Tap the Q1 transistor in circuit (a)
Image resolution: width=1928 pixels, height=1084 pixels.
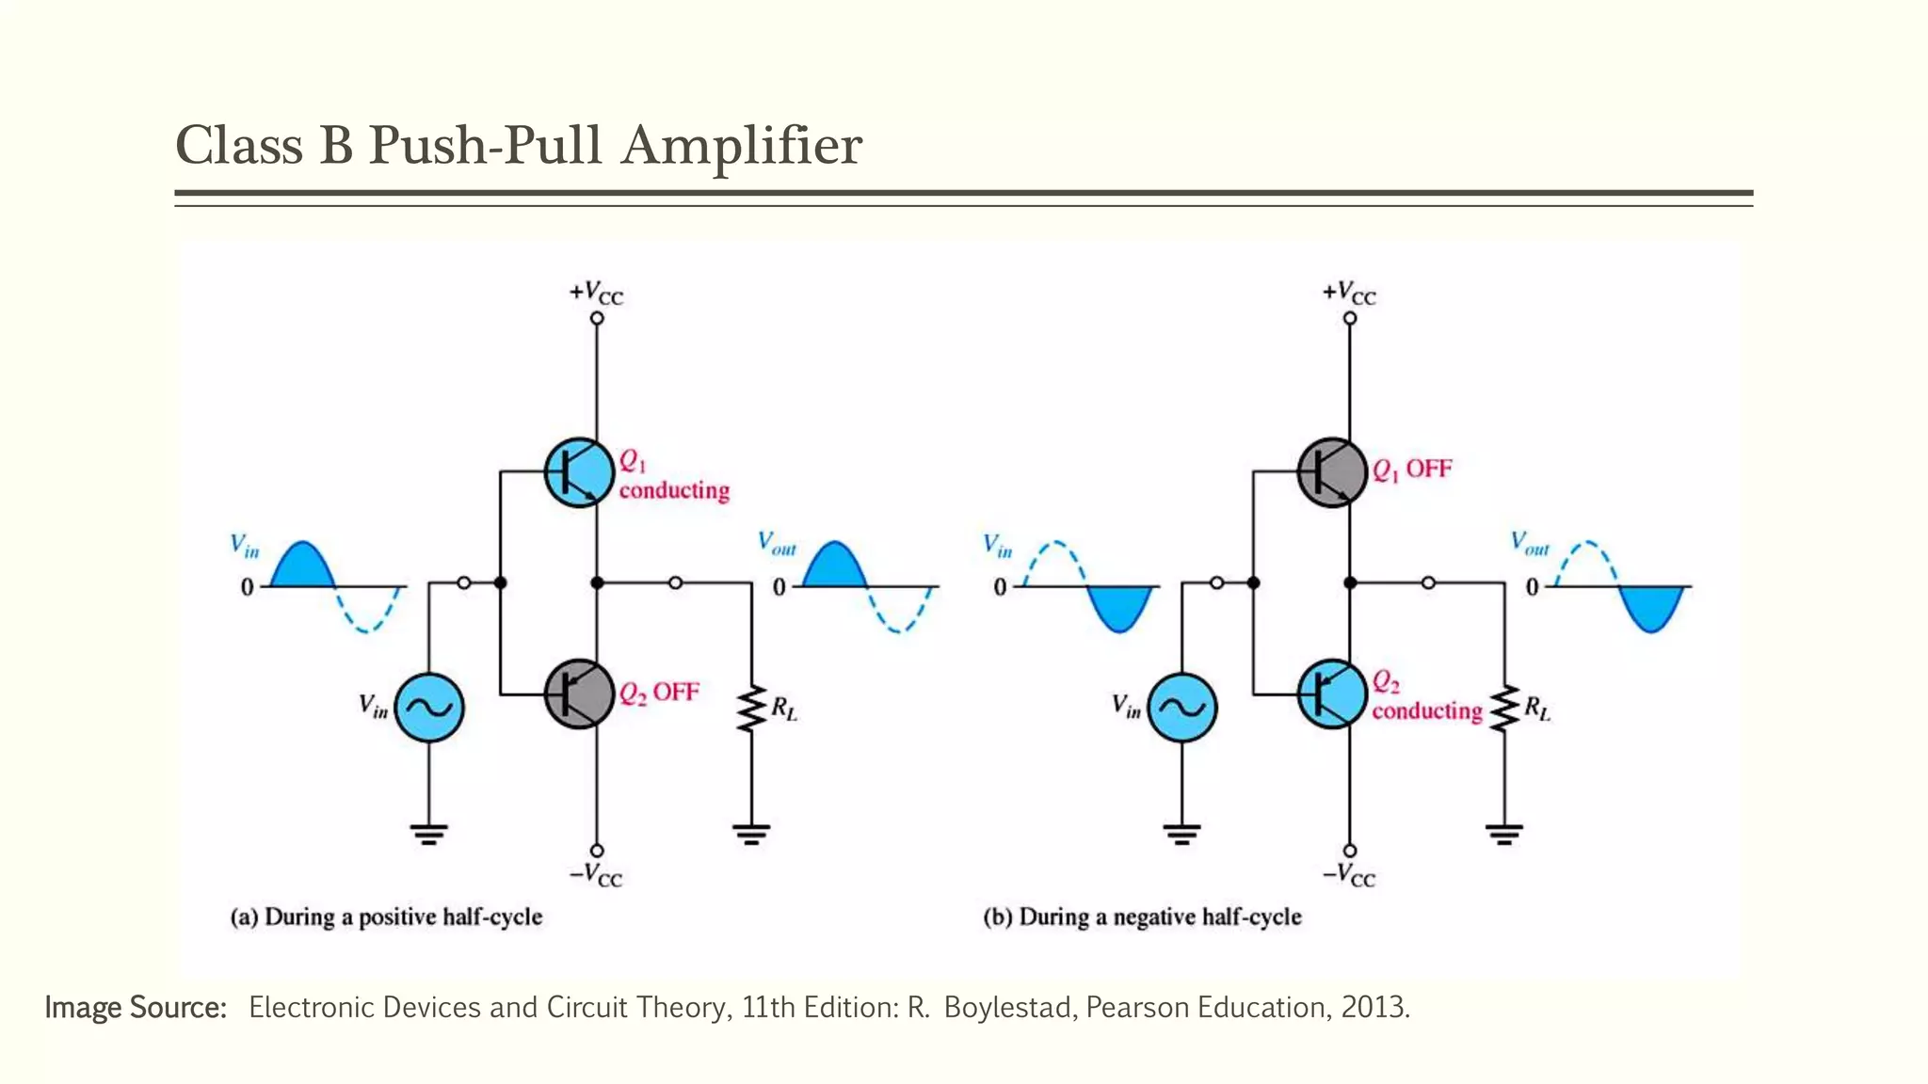[x=578, y=472]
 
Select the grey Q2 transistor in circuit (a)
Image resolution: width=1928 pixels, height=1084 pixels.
[x=578, y=693]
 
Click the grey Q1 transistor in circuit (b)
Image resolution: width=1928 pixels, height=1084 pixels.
[x=1331, y=472]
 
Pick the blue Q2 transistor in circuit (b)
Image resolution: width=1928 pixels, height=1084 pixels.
[x=1331, y=693]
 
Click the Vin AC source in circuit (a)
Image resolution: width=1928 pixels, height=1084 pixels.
[x=429, y=708]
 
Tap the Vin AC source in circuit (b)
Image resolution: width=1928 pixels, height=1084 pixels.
[x=1181, y=708]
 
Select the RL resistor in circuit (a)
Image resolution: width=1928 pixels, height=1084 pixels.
[x=751, y=709]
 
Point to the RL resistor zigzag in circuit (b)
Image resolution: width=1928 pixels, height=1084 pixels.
[x=1504, y=709]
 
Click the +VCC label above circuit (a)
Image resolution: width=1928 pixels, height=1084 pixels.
[x=596, y=293]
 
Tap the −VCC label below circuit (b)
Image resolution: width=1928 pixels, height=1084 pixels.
[x=1349, y=875]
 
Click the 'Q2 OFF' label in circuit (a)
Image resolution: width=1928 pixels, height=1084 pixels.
[x=659, y=693]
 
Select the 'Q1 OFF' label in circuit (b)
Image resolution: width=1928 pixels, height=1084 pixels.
[x=1412, y=469]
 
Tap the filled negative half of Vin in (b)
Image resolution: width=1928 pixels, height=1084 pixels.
[x=1119, y=606]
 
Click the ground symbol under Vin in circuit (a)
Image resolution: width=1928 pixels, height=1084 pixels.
[x=429, y=833]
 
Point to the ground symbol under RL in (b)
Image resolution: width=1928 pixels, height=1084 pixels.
[x=1504, y=833]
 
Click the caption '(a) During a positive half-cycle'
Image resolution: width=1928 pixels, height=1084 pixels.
[x=387, y=917]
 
